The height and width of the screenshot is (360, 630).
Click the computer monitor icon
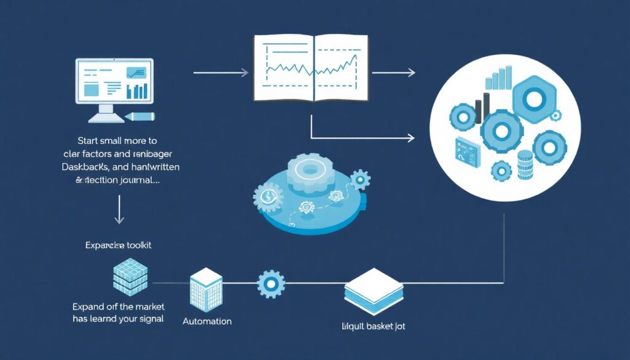coord(114,86)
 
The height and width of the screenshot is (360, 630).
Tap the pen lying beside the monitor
coord(142,116)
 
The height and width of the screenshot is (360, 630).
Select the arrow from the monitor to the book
coord(220,73)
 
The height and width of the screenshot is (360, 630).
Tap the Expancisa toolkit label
coord(118,245)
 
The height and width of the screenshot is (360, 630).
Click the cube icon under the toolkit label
coord(130,277)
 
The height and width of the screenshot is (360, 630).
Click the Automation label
coord(207,321)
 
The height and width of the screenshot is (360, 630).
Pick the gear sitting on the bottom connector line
coord(271,284)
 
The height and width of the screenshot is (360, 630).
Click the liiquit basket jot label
coord(373,326)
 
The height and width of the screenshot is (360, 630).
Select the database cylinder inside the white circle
coord(524,163)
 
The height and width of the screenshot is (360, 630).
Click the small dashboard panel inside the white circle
coord(467,150)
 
